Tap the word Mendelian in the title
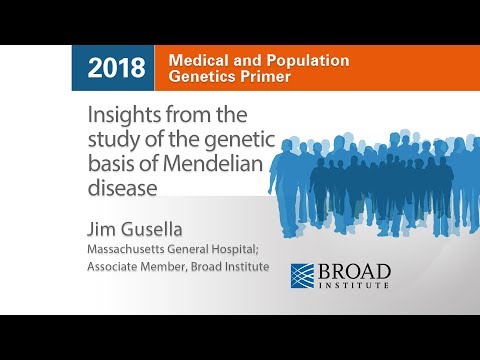tap(219, 162)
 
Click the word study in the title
tap(122, 138)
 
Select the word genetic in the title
tap(229, 138)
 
